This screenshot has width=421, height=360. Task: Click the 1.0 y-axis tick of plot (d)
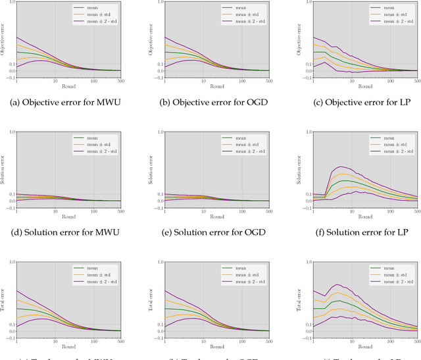click(11, 132)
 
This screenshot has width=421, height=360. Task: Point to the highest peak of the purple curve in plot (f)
click(341, 167)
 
